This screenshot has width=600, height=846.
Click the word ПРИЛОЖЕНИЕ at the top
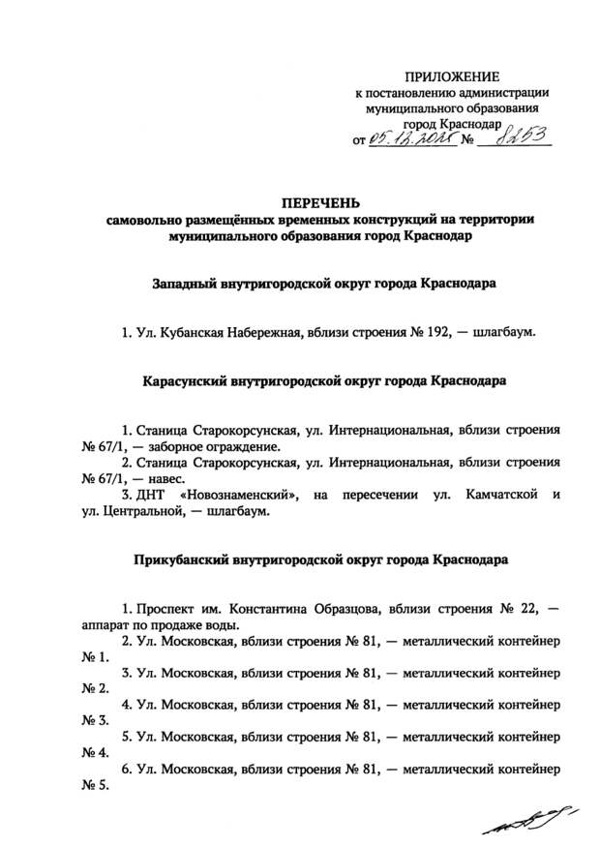[x=453, y=76]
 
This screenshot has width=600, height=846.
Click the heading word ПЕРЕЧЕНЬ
[x=319, y=202]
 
